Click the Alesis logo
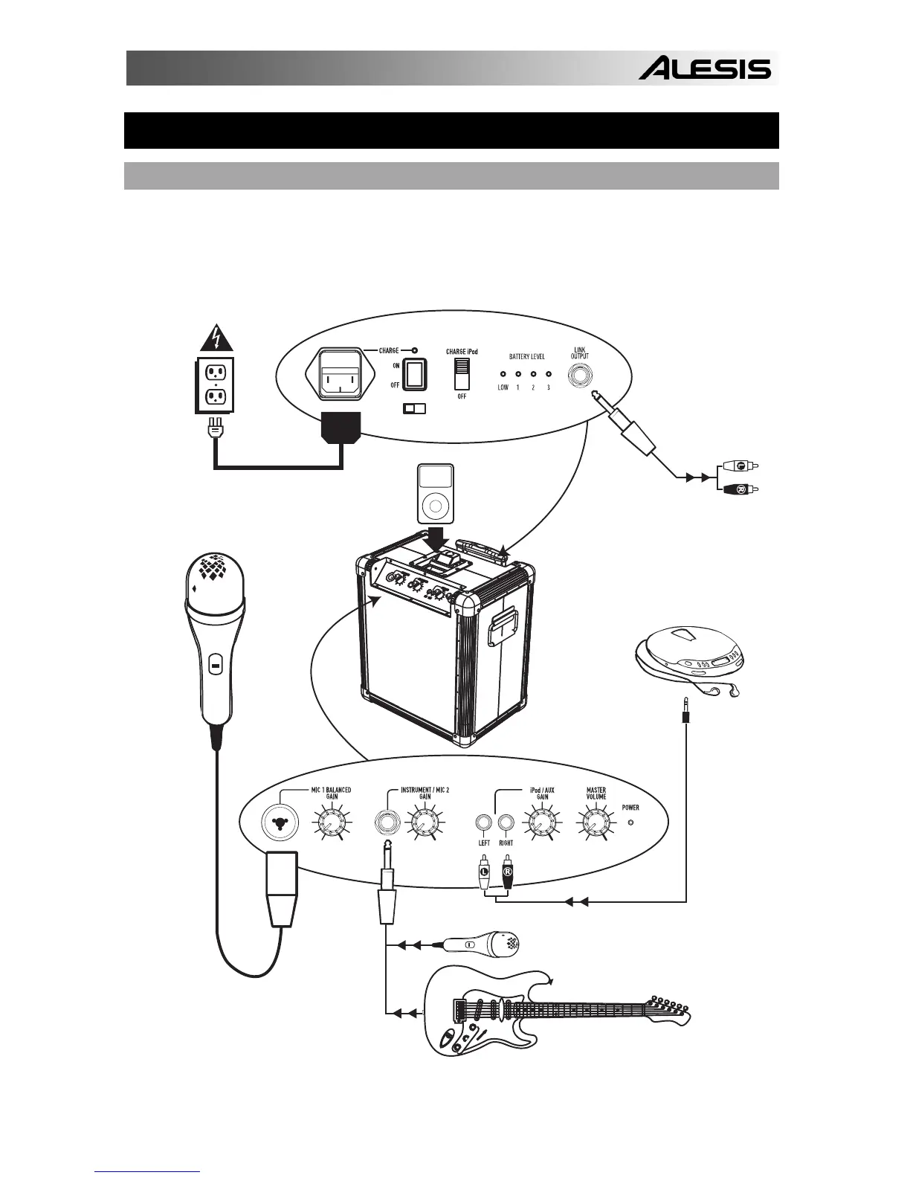coord(705,69)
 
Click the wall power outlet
coord(214,383)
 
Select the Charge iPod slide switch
coord(463,373)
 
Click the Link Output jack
coord(579,376)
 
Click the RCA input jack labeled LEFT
coord(483,823)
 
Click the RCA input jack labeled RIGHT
coord(506,823)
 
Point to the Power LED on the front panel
coord(631,823)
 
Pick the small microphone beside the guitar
coord(483,944)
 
